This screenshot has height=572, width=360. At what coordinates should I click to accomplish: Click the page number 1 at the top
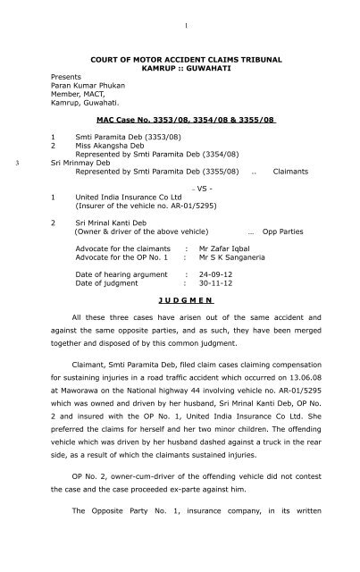coord(180,12)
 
